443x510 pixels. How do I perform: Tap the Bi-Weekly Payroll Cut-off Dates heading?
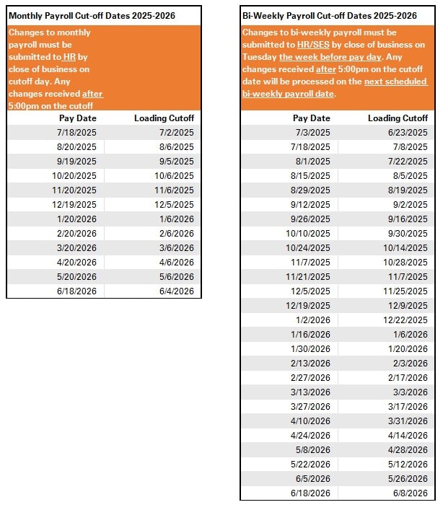pos(329,15)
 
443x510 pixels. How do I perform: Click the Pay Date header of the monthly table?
pos(77,118)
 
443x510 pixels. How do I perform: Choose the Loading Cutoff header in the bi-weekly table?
pos(398,118)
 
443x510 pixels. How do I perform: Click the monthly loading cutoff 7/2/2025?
pos(177,133)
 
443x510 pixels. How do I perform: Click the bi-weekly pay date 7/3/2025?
pos(313,133)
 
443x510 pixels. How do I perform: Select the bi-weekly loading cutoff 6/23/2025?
pos(408,133)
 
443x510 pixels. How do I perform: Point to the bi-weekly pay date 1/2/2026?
pos(313,320)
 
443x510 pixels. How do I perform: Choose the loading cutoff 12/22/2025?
pos(405,320)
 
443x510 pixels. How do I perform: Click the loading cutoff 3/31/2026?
pos(408,421)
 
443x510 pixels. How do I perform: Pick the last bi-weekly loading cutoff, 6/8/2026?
pos(411,493)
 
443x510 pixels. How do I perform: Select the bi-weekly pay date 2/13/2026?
pos(310,364)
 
